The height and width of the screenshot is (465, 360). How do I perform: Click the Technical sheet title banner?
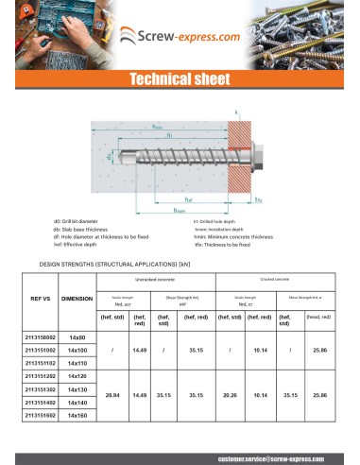[180, 80]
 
